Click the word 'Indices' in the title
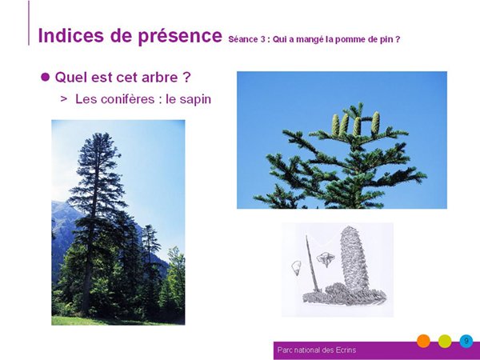click(x=70, y=35)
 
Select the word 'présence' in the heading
click(x=180, y=37)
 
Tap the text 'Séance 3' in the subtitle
click(x=246, y=39)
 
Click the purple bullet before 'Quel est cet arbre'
click(x=45, y=77)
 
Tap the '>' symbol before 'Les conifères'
click(x=64, y=98)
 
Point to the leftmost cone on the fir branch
click(x=335, y=125)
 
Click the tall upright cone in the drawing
click(x=354, y=259)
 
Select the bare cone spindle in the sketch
click(x=313, y=263)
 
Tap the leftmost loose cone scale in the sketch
click(x=296, y=268)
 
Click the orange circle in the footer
click(x=423, y=341)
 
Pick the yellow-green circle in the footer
click(x=445, y=341)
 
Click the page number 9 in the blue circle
click(x=466, y=341)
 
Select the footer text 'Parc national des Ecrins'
click(x=317, y=350)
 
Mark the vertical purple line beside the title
click(x=29, y=23)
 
